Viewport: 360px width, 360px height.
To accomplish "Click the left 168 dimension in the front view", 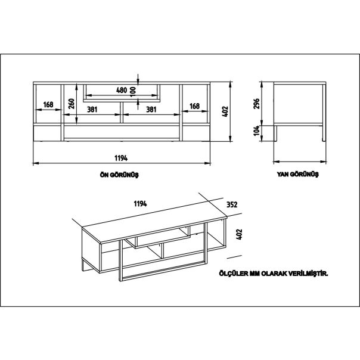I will coord(48,105).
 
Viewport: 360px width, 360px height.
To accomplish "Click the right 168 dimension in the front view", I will coord(194,105).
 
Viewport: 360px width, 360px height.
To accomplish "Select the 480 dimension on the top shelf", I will coord(121,91).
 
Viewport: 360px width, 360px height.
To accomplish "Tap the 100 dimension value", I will coord(132,91).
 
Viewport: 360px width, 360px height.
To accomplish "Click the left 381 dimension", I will coord(93,109).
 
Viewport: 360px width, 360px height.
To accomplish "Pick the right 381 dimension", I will coord(151,109).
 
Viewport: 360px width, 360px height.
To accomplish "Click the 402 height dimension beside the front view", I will coord(225,111).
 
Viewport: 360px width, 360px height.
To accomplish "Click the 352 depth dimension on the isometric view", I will coord(232,204).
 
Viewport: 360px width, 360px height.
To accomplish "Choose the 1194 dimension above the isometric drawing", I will coord(140,204).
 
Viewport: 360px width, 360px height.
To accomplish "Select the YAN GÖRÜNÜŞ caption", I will coord(298,175).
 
